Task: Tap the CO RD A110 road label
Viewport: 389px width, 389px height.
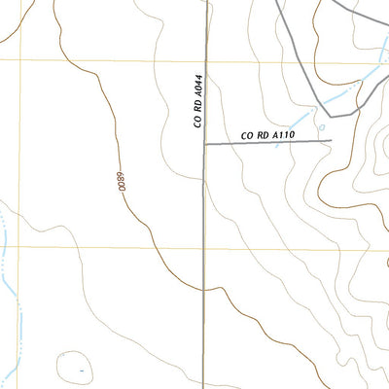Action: click(x=267, y=135)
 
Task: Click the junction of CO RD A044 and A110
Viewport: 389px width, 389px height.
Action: click(x=204, y=144)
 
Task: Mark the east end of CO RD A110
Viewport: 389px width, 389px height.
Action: click(x=331, y=140)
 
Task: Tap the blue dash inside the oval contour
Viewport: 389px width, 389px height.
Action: click(x=82, y=370)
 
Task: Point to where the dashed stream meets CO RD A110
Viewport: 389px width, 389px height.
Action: click(x=279, y=143)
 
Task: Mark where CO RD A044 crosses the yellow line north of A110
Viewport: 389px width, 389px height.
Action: click(x=204, y=62)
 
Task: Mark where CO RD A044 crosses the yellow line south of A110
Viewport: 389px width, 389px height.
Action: click(x=204, y=246)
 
